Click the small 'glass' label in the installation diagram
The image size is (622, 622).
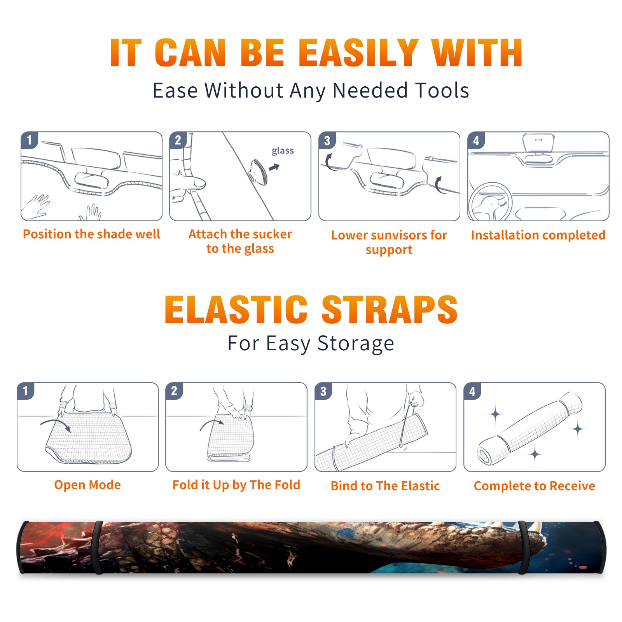tap(283, 151)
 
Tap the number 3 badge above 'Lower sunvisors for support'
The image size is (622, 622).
tap(327, 140)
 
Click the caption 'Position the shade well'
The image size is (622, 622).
tap(91, 234)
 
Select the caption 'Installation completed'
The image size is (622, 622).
tap(538, 235)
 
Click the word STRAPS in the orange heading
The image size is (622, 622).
tap(390, 309)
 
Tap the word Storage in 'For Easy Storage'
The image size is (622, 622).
tap(356, 344)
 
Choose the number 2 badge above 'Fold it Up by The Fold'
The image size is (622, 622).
tap(174, 391)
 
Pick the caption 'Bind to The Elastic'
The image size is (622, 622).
tap(385, 486)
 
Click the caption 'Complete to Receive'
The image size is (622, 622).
tap(534, 486)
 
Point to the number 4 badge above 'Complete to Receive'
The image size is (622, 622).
tap(472, 391)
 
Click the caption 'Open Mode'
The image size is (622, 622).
tap(87, 485)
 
